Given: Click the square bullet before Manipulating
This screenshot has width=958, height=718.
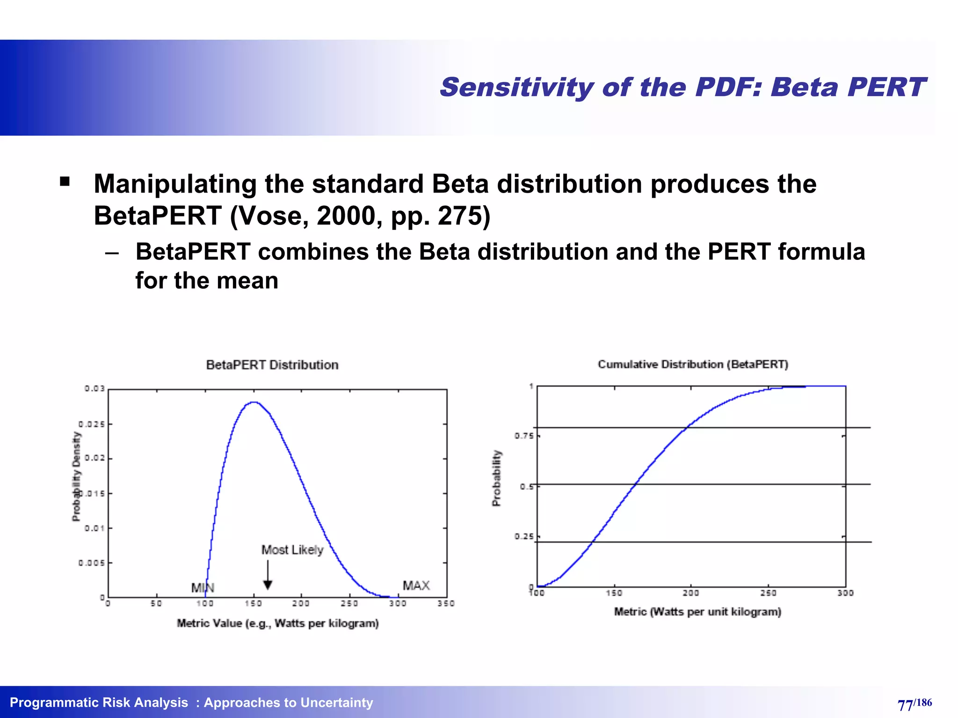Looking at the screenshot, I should pos(65,182).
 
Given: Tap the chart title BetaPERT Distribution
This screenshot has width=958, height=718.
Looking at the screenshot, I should pos(272,365).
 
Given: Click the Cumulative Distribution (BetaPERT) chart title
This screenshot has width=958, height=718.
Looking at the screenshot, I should pos(693,364).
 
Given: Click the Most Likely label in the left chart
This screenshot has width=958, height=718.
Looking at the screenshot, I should pos(292,550).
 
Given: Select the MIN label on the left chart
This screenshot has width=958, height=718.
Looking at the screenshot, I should pos(203,588).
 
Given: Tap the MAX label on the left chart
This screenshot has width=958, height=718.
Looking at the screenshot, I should pos(416,586).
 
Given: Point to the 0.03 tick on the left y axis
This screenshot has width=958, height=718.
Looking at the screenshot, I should pos(94,389).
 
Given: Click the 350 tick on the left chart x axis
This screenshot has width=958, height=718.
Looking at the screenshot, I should pos(446,603).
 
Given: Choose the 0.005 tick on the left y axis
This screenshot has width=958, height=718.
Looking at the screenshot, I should pos(92,563).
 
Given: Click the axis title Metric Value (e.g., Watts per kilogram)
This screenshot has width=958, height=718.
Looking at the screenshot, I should pos(277,623).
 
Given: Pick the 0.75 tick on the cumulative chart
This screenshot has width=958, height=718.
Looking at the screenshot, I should pos(524,436).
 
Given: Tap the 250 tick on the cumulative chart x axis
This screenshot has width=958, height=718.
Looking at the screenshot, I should pos(768,593).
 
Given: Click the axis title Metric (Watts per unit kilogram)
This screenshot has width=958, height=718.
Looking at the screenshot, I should pos(697,611).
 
